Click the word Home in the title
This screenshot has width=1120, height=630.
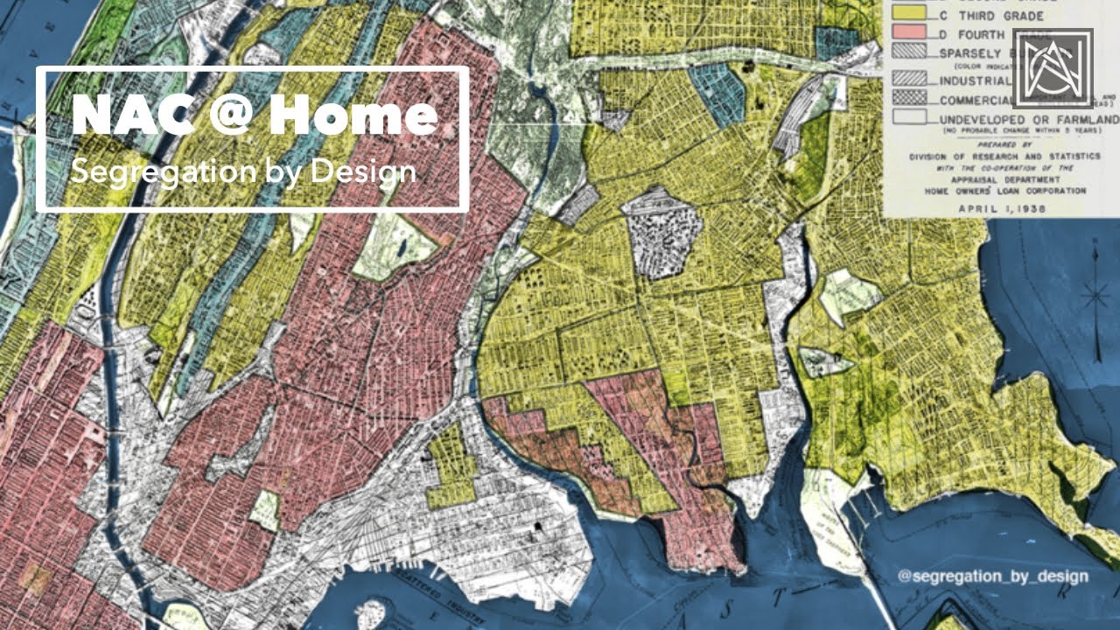(x=353, y=115)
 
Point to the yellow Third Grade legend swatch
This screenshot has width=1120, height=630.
(x=908, y=15)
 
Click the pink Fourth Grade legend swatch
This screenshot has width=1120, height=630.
(x=908, y=34)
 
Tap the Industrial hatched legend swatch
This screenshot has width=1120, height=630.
(x=908, y=77)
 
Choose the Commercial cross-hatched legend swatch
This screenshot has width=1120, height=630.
(x=908, y=98)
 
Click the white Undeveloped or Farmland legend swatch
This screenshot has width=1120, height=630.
(x=908, y=117)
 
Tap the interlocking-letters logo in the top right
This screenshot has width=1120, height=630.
(x=1053, y=68)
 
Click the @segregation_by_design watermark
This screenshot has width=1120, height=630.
(x=992, y=576)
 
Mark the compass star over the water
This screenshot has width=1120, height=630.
(x=1095, y=297)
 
